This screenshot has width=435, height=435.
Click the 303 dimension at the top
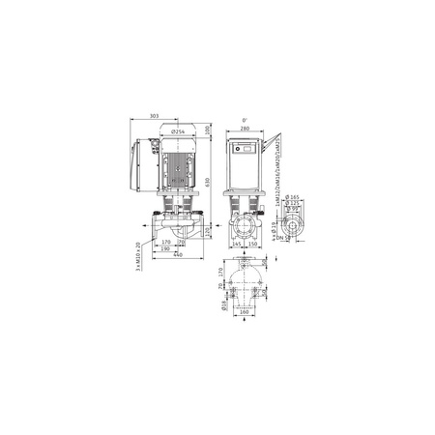[155, 117]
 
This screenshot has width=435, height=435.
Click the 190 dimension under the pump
[166, 249]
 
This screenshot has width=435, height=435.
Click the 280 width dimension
[245, 129]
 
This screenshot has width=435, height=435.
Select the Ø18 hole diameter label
[224, 305]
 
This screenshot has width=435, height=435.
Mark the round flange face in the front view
[245, 229]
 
